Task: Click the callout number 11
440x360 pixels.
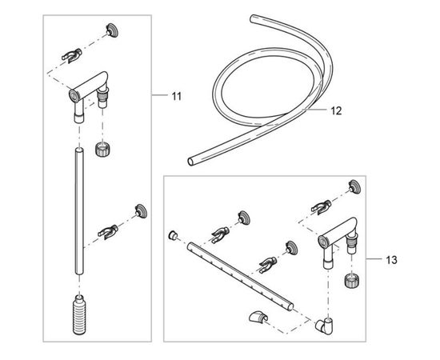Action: click(177, 96)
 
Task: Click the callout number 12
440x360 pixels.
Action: click(337, 111)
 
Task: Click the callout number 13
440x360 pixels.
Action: click(391, 260)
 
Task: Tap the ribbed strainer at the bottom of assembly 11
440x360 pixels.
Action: click(79, 315)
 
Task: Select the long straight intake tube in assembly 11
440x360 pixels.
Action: click(79, 211)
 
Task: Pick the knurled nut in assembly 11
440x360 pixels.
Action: click(102, 149)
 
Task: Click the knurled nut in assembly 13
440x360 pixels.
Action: click(352, 281)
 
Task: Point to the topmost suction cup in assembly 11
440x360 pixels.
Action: click(112, 30)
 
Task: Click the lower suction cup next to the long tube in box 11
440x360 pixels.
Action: click(141, 211)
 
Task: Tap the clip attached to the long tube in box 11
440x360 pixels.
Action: click(108, 231)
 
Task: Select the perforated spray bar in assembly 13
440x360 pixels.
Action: click(240, 276)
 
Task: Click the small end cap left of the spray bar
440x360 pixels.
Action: click(173, 235)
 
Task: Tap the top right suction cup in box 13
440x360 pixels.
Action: click(354, 187)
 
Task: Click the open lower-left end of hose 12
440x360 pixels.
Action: click(191, 162)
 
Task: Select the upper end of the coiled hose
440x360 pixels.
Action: click(253, 18)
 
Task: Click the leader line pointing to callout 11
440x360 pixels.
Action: click(159, 95)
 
